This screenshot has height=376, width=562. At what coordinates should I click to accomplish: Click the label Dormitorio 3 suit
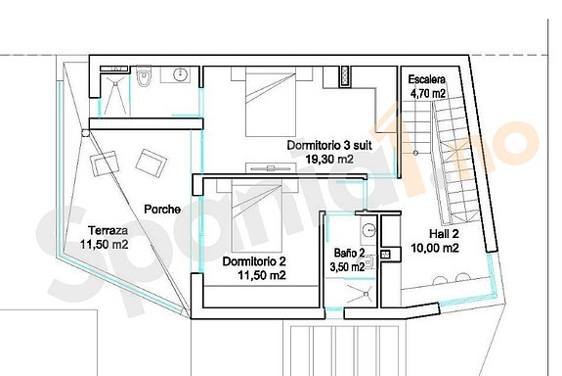[x=329, y=145]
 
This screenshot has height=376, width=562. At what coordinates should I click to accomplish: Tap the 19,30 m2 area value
[x=329, y=158]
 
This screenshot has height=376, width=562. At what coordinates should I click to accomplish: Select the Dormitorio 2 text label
[x=253, y=261]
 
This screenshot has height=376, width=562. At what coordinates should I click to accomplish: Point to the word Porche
[x=160, y=209]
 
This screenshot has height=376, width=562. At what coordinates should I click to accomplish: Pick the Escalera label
[x=426, y=79]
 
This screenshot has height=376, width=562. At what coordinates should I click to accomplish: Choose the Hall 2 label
[x=446, y=233]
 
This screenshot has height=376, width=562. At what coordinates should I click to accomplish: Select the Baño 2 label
[x=349, y=252]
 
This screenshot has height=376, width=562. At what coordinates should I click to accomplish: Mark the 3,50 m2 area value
[x=349, y=265]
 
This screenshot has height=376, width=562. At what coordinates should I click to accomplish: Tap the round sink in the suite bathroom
[x=180, y=74]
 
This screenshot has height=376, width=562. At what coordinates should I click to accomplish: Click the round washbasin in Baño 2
[x=368, y=231]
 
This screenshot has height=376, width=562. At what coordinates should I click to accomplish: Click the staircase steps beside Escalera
[x=454, y=147]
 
